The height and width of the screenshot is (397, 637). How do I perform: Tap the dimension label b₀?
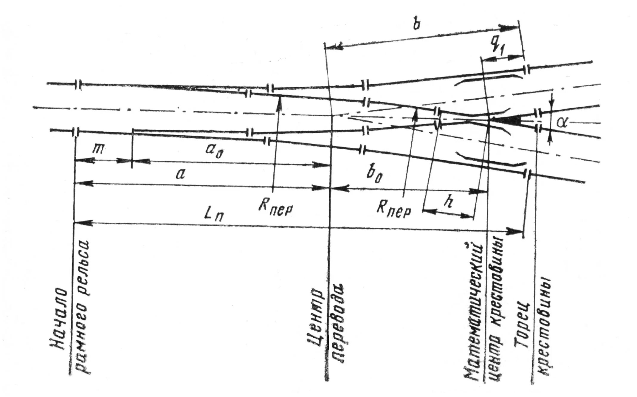(x=374, y=176)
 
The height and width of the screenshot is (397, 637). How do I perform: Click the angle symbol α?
(x=562, y=122)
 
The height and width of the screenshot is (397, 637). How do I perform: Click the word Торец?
(x=522, y=325)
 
